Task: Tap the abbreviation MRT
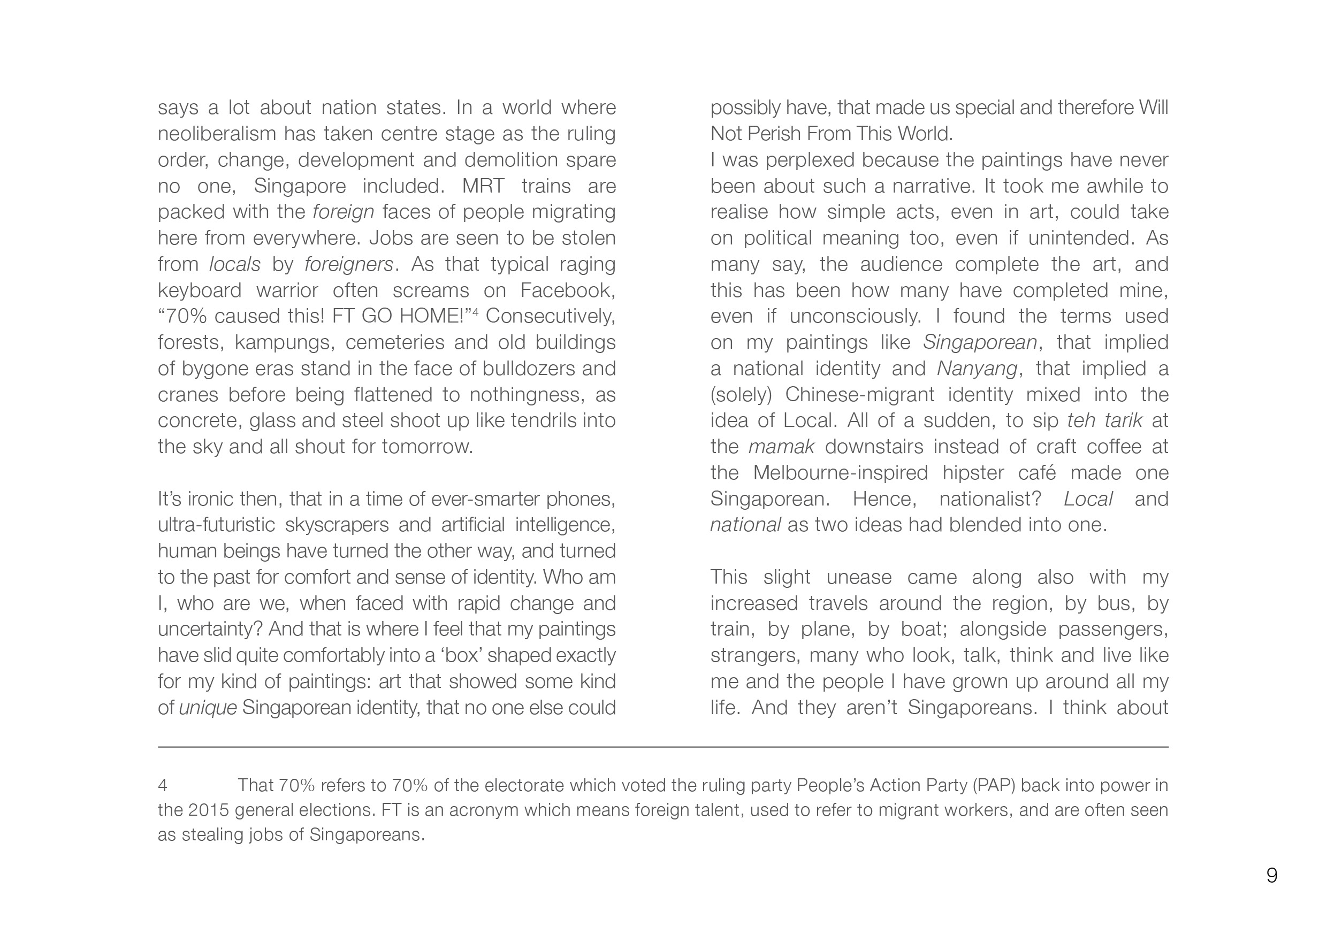point(483,186)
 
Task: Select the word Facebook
point(568,290)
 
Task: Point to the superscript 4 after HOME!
point(475,312)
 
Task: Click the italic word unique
point(208,708)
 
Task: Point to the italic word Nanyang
point(977,369)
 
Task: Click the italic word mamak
point(781,447)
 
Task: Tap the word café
point(1037,473)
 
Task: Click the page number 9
point(1271,876)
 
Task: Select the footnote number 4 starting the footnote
point(163,785)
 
